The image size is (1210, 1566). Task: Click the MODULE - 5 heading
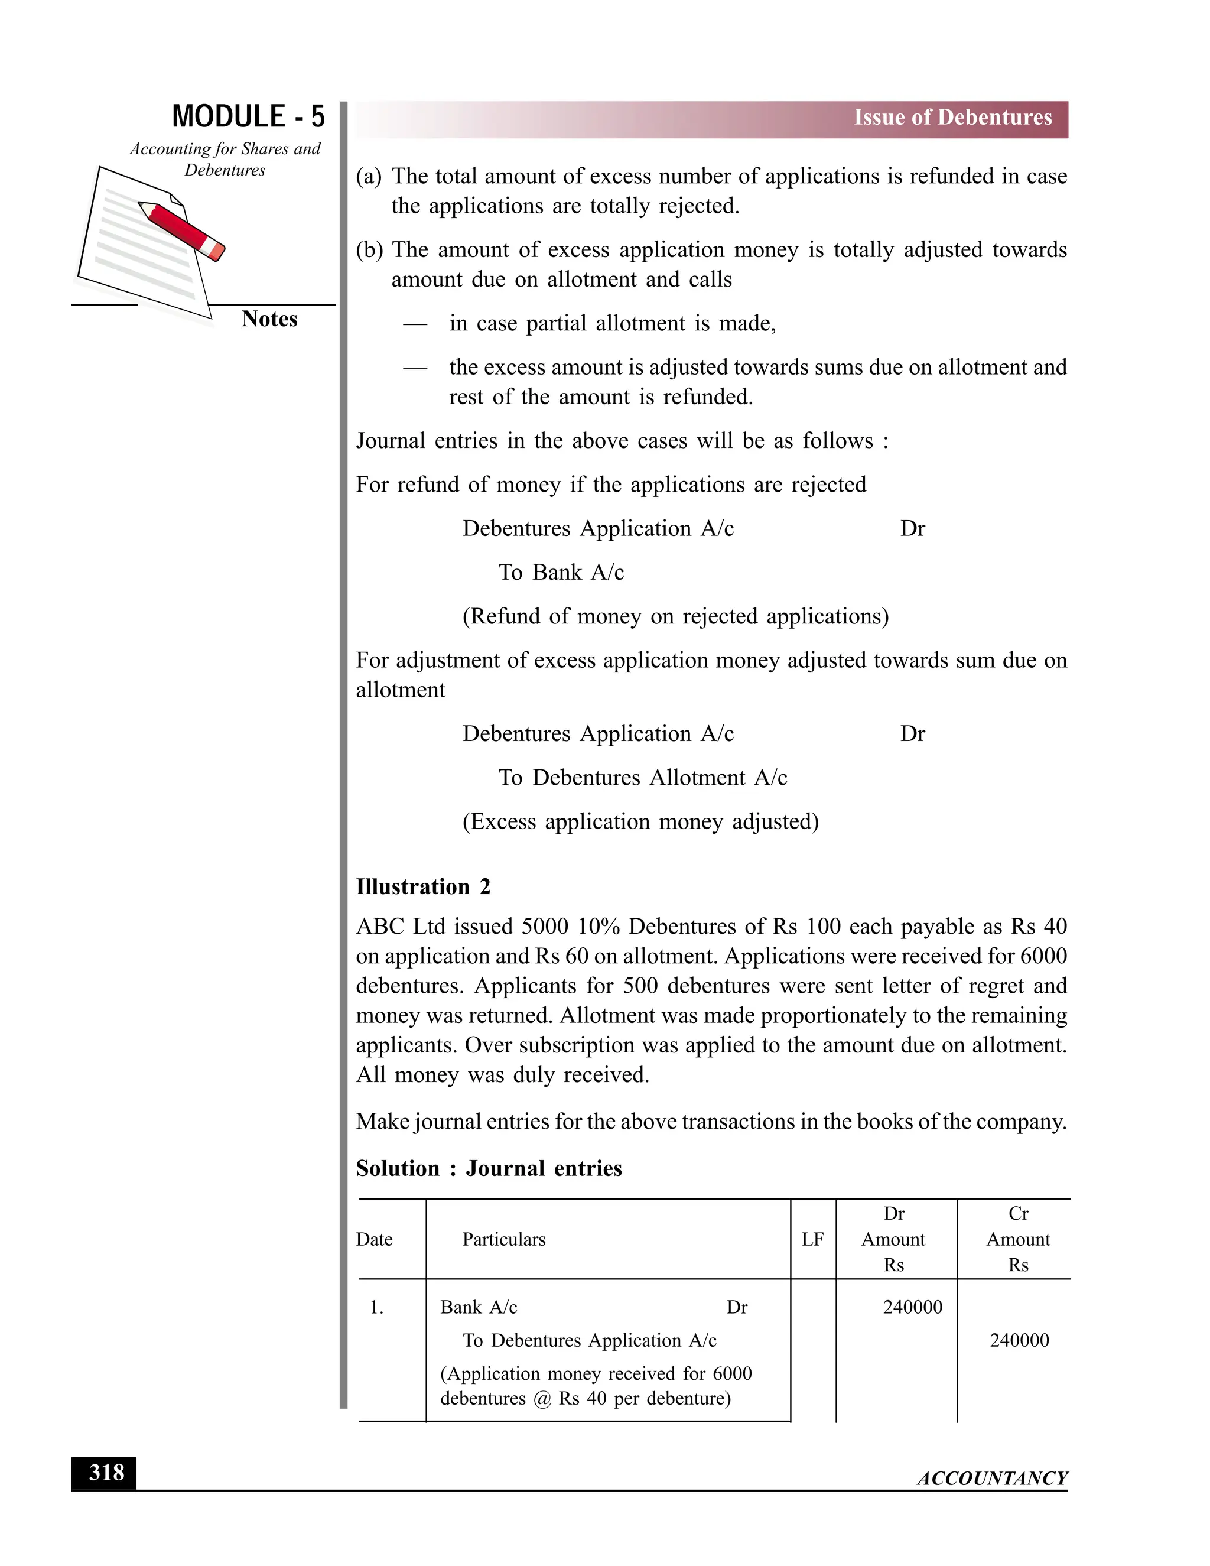coord(248,117)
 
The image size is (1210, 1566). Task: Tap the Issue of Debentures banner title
coord(952,118)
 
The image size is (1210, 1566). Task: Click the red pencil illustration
coord(182,229)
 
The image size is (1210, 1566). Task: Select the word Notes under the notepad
coord(269,319)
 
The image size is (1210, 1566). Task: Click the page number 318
coord(106,1473)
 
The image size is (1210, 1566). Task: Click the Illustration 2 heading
coord(423,887)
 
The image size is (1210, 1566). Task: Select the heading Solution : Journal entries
coord(488,1168)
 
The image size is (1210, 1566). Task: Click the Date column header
coord(374,1239)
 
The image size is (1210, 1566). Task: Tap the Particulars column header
coord(503,1239)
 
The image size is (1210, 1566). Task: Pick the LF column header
coord(812,1239)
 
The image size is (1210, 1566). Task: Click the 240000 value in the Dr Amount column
coord(912,1307)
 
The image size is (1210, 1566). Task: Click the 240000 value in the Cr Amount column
coord(1019,1340)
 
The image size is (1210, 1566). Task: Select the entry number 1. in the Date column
coord(376,1307)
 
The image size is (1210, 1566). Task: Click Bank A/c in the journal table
coord(478,1307)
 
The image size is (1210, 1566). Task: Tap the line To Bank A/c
coord(561,572)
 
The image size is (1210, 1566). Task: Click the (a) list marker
coord(369,176)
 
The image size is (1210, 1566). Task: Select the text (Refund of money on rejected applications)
coord(675,616)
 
